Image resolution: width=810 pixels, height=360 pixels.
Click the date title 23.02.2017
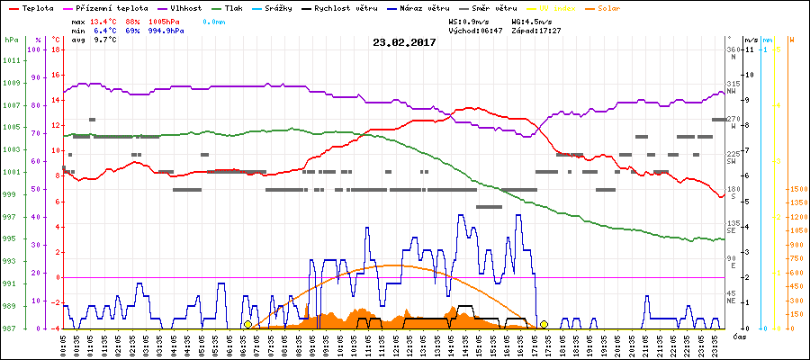(404, 42)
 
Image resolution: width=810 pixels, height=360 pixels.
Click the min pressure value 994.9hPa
(166, 31)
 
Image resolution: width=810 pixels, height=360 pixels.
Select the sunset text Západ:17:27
(537, 31)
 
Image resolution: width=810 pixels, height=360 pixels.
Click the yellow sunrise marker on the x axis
(247, 324)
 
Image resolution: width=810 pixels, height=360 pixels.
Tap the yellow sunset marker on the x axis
(544, 324)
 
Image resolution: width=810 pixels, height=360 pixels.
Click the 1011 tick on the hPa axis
(11, 61)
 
